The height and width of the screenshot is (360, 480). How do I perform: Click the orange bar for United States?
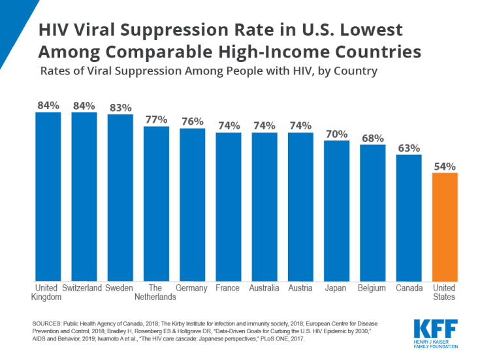pyautogui.click(x=445, y=226)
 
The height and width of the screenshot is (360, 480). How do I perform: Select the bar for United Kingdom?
pyautogui.click(x=48, y=196)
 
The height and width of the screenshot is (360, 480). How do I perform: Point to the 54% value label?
pyautogui.click(x=445, y=166)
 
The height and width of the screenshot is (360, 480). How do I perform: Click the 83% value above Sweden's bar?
pyautogui.click(x=120, y=108)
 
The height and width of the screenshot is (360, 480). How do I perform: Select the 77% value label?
pyautogui.click(x=157, y=120)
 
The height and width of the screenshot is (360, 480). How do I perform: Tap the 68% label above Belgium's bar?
pyautogui.click(x=373, y=138)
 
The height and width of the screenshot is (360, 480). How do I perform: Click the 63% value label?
pyautogui.click(x=409, y=148)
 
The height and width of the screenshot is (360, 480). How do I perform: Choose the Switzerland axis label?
pyautogui.click(x=83, y=288)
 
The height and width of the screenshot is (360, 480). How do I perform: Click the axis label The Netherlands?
pyautogui.click(x=155, y=292)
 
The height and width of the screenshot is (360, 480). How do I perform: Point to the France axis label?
pyautogui.click(x=228, y=288)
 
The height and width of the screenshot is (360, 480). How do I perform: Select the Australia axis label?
pyautogui.click(x=264, y=288)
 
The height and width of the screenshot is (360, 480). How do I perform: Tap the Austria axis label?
pyautogui.click(x=300, y=288)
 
